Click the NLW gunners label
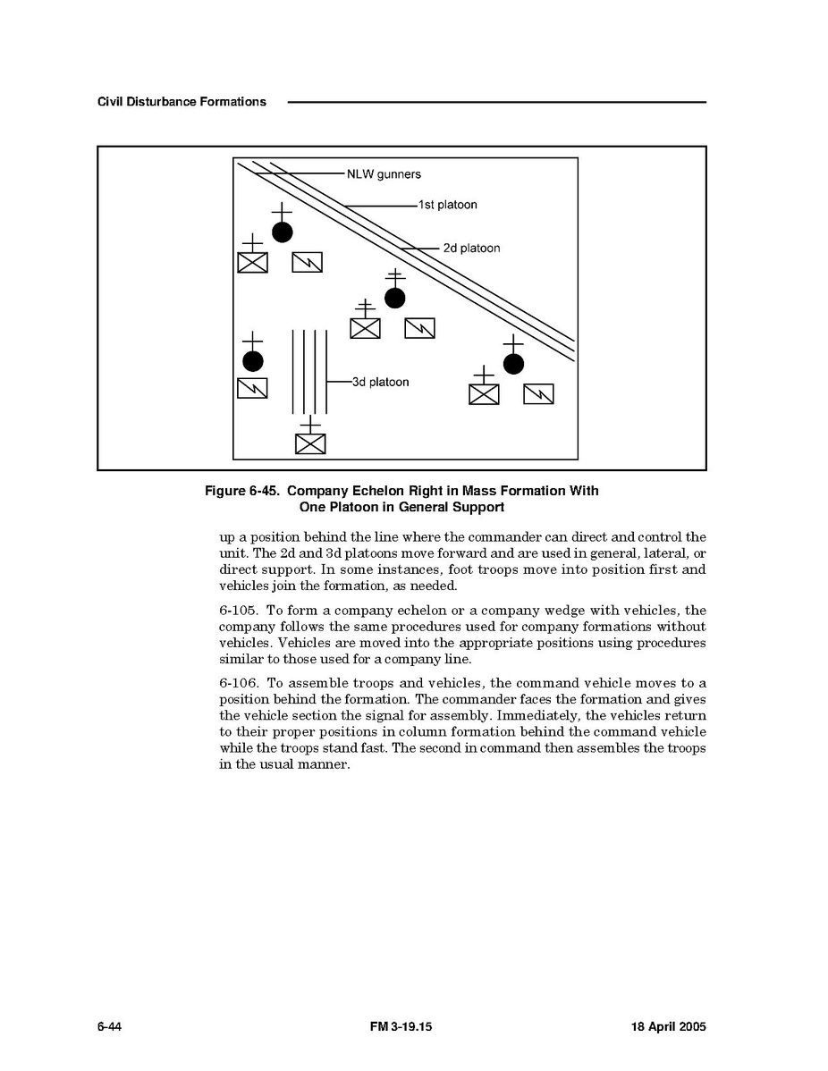384,174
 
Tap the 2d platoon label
471,248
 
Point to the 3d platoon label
380,382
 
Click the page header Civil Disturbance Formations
182,102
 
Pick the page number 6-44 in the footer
109,1027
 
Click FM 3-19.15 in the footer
401,1027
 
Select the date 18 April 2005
663,1027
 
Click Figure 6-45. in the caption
242,491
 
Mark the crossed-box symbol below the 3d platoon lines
310,443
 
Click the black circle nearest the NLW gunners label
283,232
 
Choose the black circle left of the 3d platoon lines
253,361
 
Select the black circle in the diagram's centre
394,298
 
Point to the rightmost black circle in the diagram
513,364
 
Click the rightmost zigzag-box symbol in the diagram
538,393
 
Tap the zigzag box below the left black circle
253,388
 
